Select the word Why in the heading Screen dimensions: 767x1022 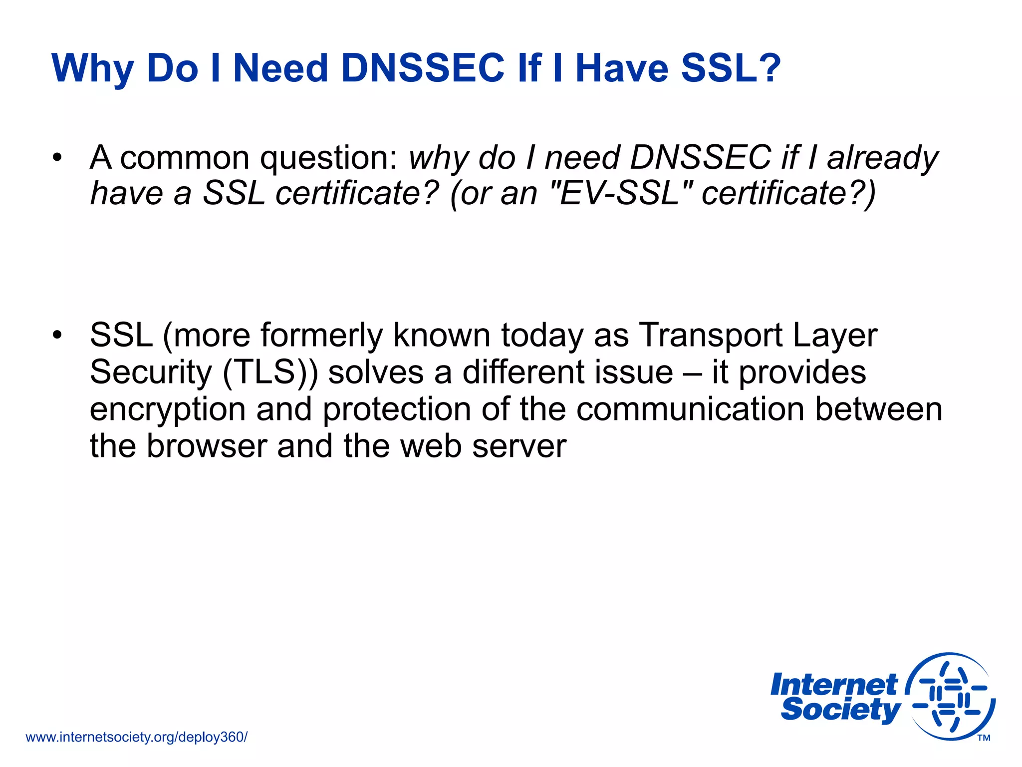92,69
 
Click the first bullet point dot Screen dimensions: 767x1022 58,158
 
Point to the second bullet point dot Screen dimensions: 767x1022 58,335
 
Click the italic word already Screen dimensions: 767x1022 882,158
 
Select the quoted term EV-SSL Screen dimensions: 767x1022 619,194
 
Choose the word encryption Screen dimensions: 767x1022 168,410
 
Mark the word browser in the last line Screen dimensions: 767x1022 207,446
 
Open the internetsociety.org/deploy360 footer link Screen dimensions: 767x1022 136,737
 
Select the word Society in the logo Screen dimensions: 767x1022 841,710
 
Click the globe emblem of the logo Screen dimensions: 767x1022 950,696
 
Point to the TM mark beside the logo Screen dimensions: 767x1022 984,738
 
